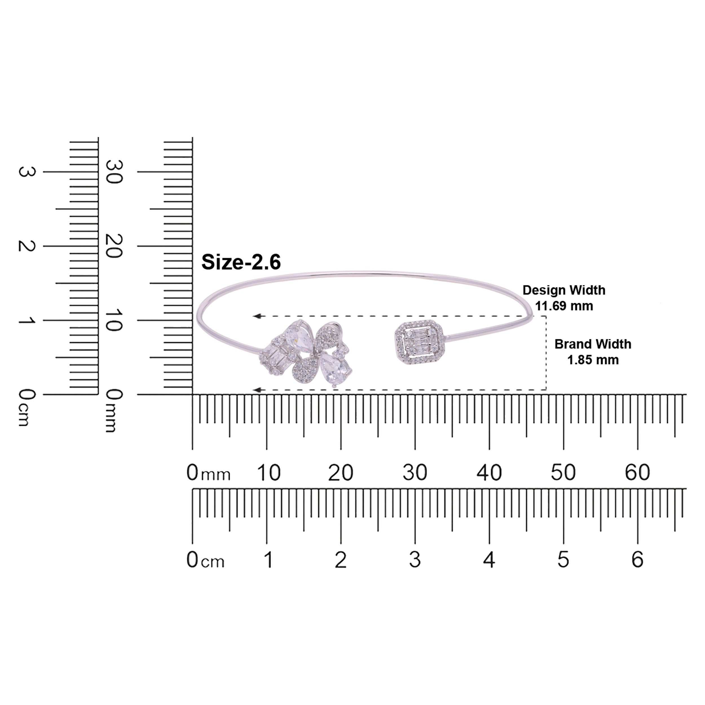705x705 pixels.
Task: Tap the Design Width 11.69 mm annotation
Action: [564, 298]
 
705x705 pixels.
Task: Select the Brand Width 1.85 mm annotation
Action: [592, 352]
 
